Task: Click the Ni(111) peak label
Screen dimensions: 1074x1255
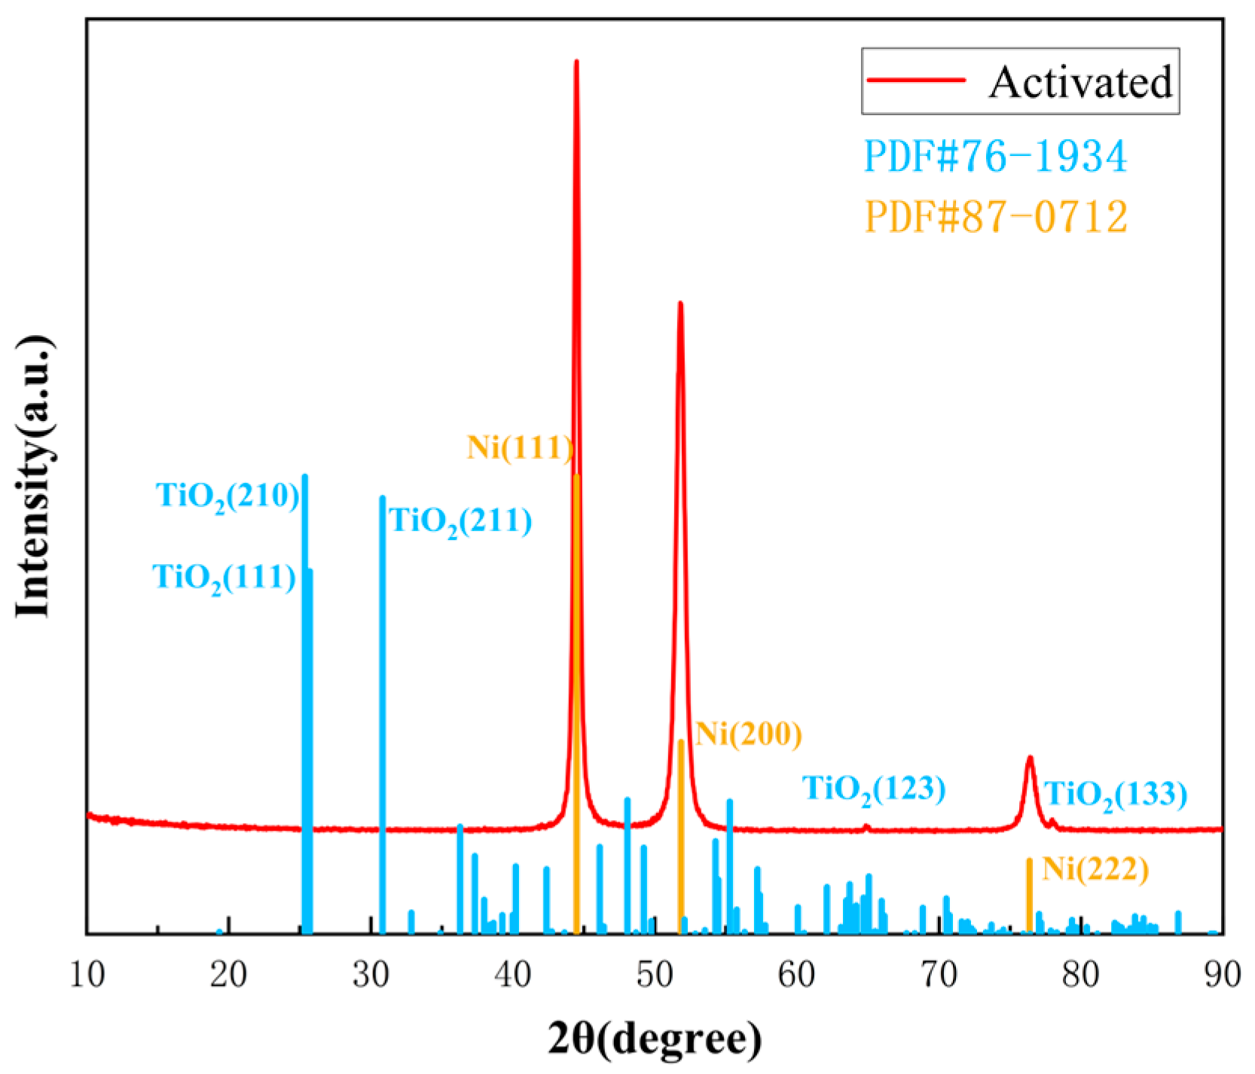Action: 520,448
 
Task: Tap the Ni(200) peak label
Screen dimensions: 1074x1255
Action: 748,734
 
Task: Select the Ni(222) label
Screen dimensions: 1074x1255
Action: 1095,869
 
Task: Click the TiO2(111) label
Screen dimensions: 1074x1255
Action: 224,578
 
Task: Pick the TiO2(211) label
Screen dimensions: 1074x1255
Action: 460,522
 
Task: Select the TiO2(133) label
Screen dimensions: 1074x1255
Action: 1115,795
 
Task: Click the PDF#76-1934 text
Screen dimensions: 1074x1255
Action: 995,157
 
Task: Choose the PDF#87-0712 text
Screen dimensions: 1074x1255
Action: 996,217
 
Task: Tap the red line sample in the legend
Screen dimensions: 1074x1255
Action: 916,80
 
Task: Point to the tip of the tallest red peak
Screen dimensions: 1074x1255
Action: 576,62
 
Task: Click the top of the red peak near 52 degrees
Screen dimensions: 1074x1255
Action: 680,304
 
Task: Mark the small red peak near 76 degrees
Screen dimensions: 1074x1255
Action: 1030,758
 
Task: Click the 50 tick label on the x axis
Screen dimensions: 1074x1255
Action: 655,975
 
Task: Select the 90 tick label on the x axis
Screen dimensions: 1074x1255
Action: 1221,975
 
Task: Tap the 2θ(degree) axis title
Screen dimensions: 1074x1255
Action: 654,1039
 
